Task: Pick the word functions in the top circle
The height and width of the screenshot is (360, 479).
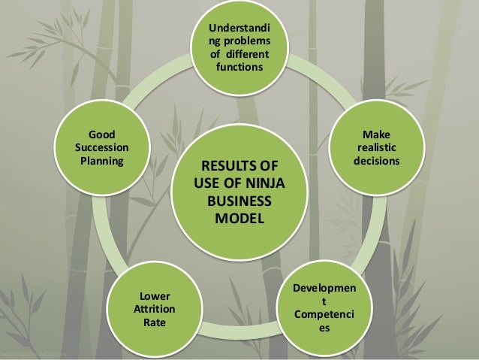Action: (x=239, y=68)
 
